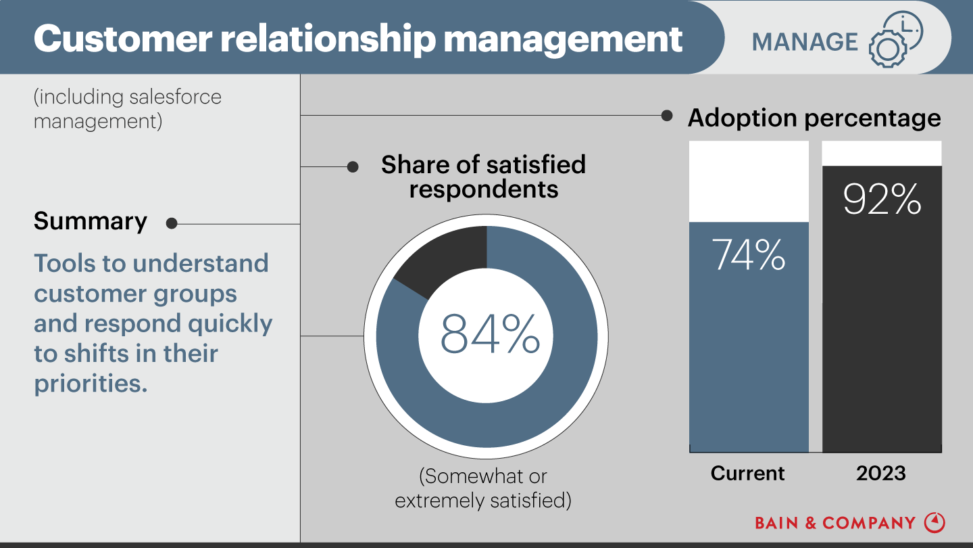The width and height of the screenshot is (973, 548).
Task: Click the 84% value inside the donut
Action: click(x=490, y=334)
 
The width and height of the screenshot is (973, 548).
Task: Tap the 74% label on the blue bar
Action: click(x=749, y=254)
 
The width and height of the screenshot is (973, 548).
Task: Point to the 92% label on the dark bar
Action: click(x=882, y=199)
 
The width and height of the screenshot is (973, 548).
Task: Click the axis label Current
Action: click(x=748, y=473)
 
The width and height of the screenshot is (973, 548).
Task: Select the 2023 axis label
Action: click(x=881, y=473)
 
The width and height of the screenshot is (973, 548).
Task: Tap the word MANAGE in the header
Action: click(x=805, y=42)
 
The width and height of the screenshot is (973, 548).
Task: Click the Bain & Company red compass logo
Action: click(x=934, y=522)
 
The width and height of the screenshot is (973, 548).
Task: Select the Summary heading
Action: click(x=91, y=221)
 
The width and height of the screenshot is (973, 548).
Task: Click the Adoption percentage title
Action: click(x=814, y=118)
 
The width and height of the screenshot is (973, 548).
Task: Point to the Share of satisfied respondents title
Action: click(x=483, y=177)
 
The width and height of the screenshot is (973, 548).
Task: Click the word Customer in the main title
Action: click(x=121, y=39)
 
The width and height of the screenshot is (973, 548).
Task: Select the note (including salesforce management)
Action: click(x=128, y=109)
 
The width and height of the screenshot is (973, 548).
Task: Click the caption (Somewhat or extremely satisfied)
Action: click(x=483, y=488)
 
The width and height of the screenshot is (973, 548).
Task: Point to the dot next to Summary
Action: click(x=172, y=223)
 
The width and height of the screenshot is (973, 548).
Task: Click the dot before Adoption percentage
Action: click(x=667, y=116)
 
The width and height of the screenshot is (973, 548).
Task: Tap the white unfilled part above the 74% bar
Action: click(x=749, y=181)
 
